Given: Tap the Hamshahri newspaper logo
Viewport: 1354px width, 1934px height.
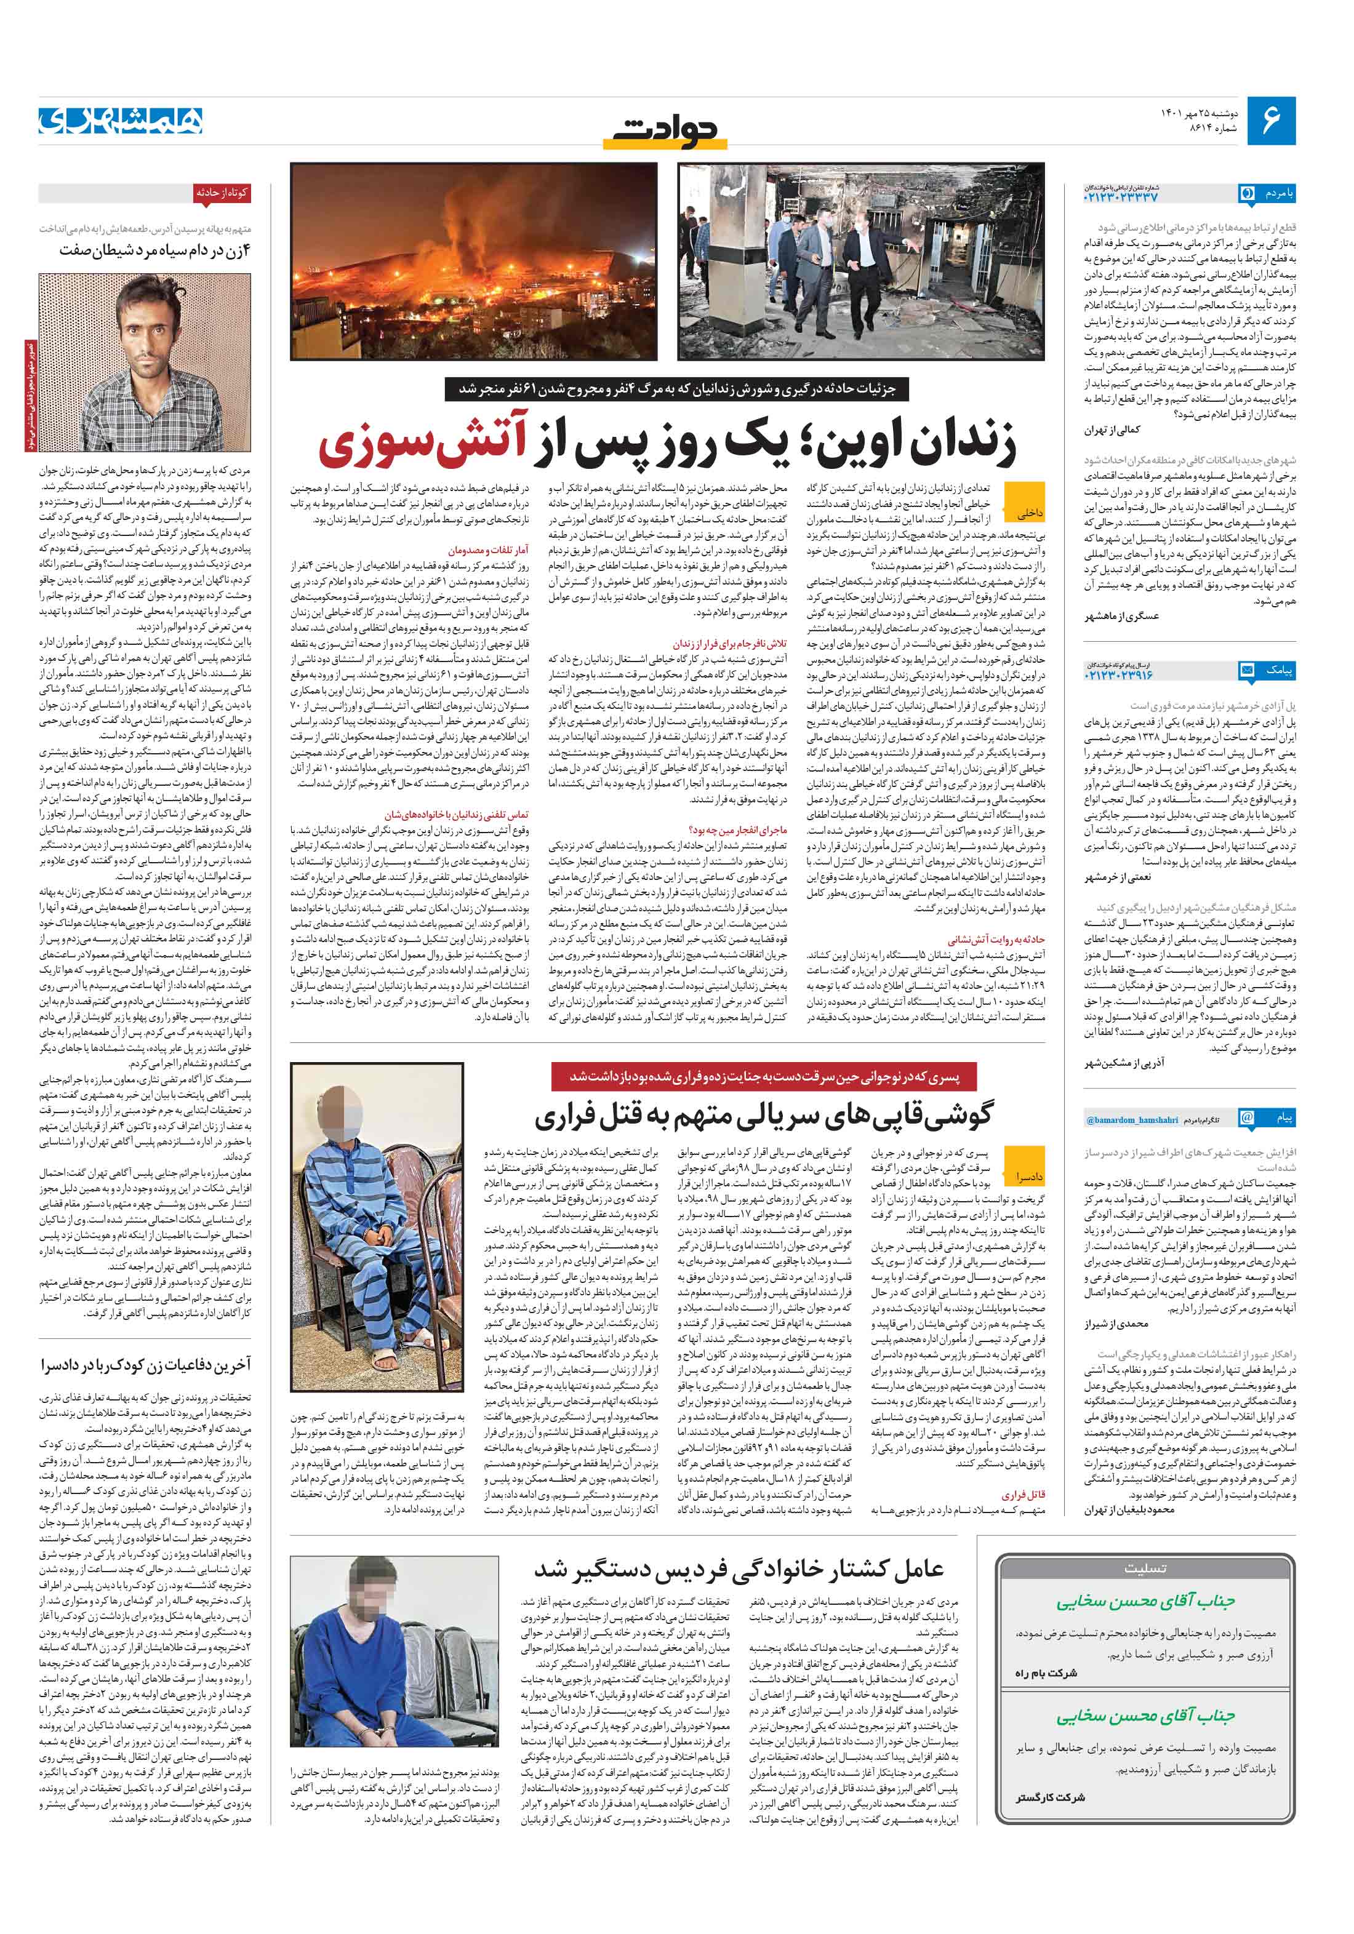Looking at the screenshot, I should pyautogui.click(x=121, y=121).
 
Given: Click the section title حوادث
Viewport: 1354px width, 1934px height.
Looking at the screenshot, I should pyautogui.click(x=667, y=129).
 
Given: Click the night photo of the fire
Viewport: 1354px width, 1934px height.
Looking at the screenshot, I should pyautogui.click(x=473, y=261).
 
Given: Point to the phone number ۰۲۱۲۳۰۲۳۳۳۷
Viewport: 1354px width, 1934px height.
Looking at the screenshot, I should pyautogui.click(x=1121, y=196).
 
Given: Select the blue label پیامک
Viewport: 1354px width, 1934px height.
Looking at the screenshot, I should pyautogui.click(x=1278, y=671).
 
